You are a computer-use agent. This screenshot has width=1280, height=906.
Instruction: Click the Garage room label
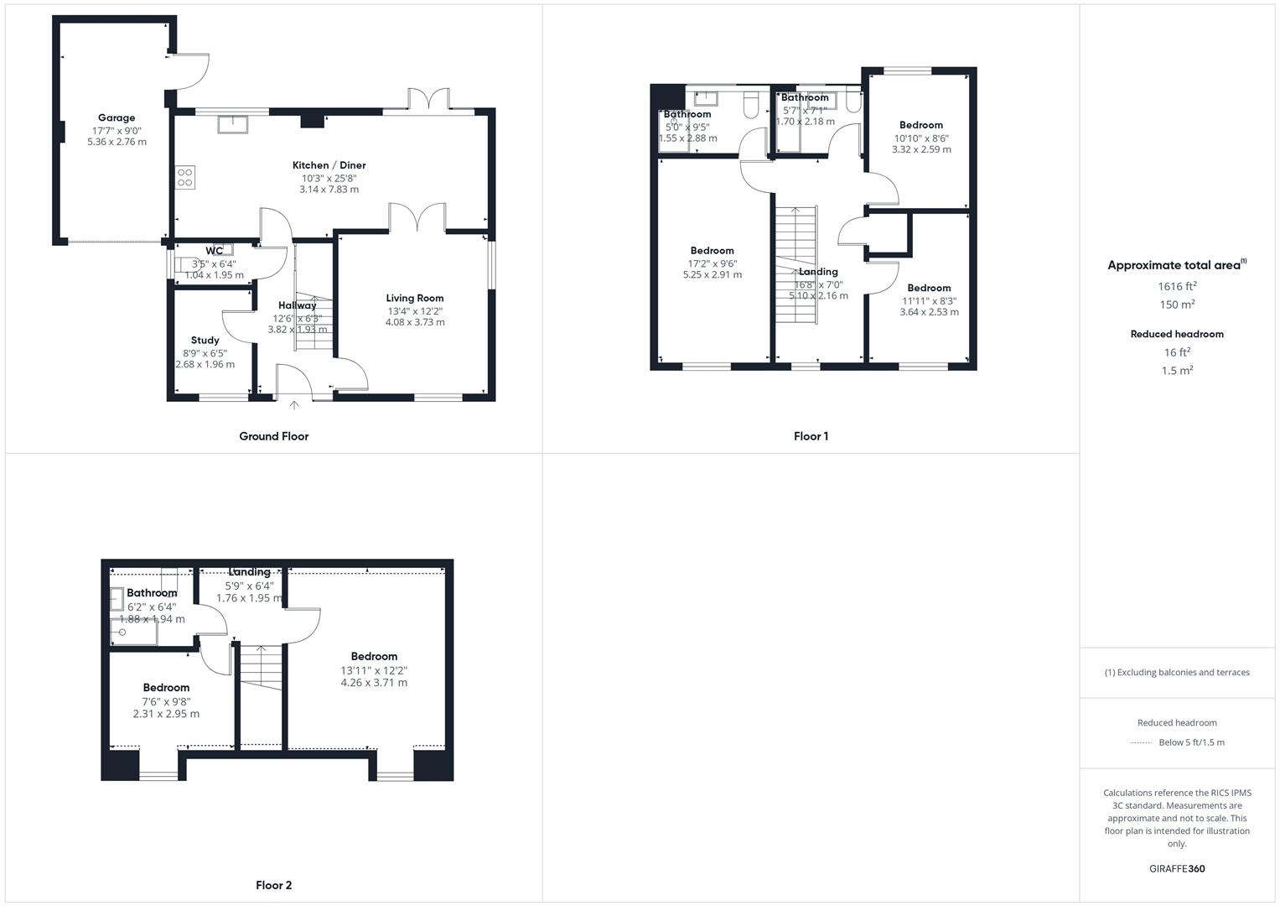pyautogui.click(x=117, y=118)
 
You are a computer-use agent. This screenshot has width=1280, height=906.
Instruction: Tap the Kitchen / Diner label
pyautogui.click(x=329, y=165)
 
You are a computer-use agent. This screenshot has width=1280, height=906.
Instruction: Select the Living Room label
pyautogui.click(x=414, y=298)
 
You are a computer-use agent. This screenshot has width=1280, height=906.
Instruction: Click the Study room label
pyautogui.click(x=205, y=340)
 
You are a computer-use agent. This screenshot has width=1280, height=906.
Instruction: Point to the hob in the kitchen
pyautogui.click(x=185, y=177)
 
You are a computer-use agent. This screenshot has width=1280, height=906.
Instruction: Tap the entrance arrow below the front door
pyautogui.click(x=294, y=406)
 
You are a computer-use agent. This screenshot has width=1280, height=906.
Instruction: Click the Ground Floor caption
pyautogui.click(x=273, y=436)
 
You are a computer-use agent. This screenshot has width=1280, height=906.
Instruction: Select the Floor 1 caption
pyautogui.click(x=811, y=436)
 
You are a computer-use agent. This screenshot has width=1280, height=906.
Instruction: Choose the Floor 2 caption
pyautogui.click(x=273, y=885)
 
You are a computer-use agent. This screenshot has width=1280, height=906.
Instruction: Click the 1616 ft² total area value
pyautogui.click(x=1177, y=286)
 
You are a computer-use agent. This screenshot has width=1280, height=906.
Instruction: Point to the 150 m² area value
pyautogui.click(x=1178, y=305)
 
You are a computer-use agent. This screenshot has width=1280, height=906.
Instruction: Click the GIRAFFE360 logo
pyautogui.click(x=1177, y=869)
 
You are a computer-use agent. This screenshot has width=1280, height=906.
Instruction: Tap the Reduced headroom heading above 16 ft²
pyautogui.click(x=1177, y=334)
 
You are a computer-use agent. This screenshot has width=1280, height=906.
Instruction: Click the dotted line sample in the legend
pyautogui.click(x=1141, y=742)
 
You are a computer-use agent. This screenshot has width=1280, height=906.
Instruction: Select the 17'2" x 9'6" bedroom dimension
pyautogui.click(x=712, y=263)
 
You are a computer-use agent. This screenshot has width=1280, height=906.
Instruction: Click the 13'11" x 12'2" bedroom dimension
pyautogui.click(x=374, y=670)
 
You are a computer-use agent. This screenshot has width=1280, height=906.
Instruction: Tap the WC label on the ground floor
pyautogui.click(x=215, y=251)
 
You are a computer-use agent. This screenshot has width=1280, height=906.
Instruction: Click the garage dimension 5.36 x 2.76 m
pyautogui.click(x=117, y=142)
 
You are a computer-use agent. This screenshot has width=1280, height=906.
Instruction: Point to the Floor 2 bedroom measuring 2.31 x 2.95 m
pyautogui.click(x=166, y=688)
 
